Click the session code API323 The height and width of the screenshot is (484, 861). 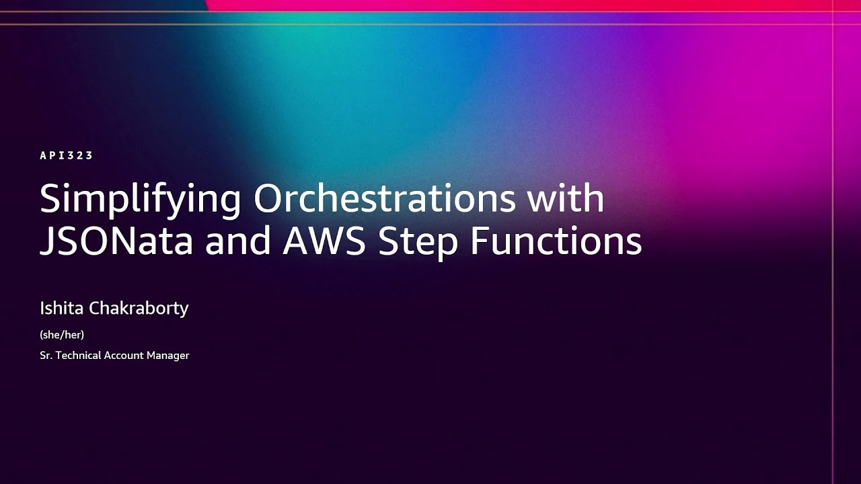(x=66, y=155)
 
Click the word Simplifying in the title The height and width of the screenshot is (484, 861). (x=140, y=200)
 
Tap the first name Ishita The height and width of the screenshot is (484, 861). (x=62, y=309)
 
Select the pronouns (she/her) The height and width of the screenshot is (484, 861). (x=62, y=334)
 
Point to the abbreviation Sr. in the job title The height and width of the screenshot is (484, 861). (x=46, y=355)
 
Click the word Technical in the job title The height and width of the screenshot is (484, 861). (x=79, y=355)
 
